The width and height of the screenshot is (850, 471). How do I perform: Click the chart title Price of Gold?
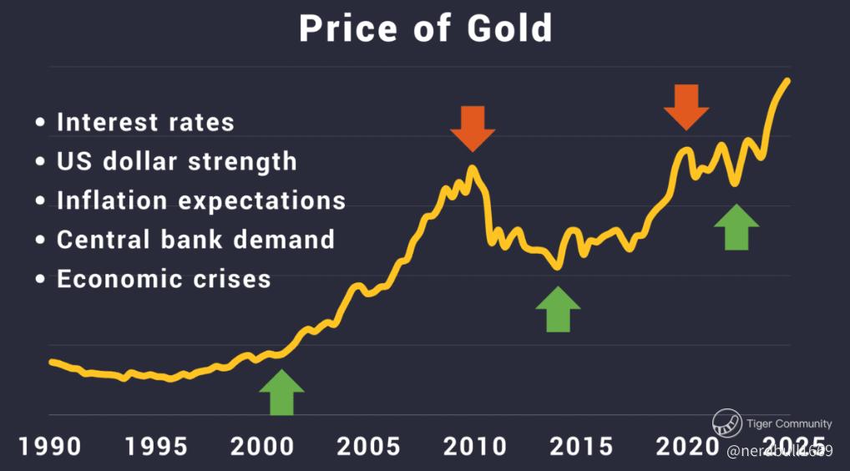425,28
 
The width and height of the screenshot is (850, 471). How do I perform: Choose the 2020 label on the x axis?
686,446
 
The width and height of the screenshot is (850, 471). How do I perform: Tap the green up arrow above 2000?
281,392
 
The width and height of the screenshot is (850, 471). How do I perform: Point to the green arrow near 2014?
558,309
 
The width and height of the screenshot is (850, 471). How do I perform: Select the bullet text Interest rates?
145,122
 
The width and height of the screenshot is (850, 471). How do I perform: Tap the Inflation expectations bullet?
200,200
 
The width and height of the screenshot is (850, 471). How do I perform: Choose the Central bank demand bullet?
195,240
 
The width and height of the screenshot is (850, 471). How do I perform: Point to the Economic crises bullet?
164,278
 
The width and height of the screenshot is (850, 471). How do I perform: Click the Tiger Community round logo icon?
727,423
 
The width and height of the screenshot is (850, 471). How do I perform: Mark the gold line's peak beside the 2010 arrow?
473,169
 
